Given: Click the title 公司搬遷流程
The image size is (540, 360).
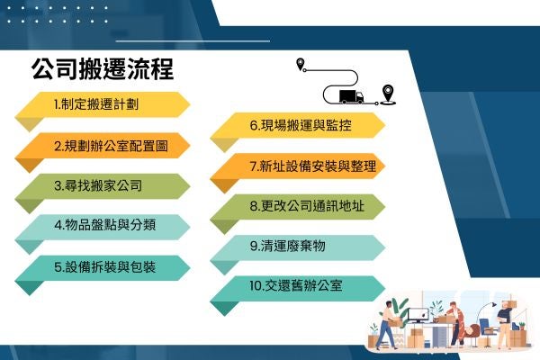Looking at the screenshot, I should [x=102, y=69].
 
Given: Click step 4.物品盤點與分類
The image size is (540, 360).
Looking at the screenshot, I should [x=103, y=226].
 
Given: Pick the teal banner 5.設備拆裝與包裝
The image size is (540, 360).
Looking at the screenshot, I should [x=103, y=267].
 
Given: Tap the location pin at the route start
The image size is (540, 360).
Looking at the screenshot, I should [x=301, y=64].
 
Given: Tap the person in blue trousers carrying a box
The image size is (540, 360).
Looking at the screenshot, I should [x=386, y=325].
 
